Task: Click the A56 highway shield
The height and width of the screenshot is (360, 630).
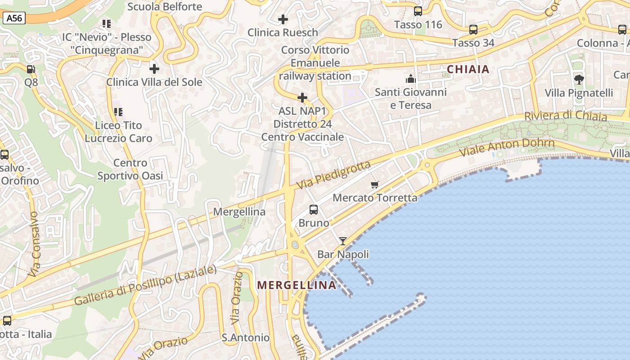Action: click(14, 18)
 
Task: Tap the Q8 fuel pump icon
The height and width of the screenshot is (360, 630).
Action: click(31, 69)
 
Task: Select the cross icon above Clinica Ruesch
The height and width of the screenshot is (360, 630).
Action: click(283, 19)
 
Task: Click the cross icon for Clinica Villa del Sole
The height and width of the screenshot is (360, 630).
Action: click(154, 69)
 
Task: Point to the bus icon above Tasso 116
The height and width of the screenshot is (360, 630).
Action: click(418, 11)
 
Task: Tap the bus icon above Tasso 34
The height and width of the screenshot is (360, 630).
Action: click(473, 30)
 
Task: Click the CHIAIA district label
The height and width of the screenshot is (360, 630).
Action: click(468, 69)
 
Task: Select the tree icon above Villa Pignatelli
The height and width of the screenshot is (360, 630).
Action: click(579, 80)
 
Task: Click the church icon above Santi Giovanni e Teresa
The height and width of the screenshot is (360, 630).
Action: click(410, 79)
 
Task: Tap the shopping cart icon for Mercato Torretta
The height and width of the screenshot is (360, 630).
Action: click(375, 184)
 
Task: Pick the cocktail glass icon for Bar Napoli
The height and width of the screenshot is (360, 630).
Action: click(343, 241)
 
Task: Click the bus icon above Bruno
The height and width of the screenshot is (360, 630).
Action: click(314, 209)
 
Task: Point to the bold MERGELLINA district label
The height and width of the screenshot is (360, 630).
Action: click(297, 285)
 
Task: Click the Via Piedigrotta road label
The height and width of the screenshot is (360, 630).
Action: click(334, 175)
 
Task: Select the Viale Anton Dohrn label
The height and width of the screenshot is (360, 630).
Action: click(507, 147)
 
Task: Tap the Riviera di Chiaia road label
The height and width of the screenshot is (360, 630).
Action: click(566, 116)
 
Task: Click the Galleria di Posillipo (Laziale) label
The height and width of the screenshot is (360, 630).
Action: click(145, 286)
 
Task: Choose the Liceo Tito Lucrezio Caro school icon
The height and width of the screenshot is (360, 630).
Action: click(118, 112)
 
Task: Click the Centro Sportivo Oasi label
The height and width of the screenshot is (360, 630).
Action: click(130, 169)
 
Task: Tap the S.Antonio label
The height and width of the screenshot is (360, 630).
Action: click(246, 337)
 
